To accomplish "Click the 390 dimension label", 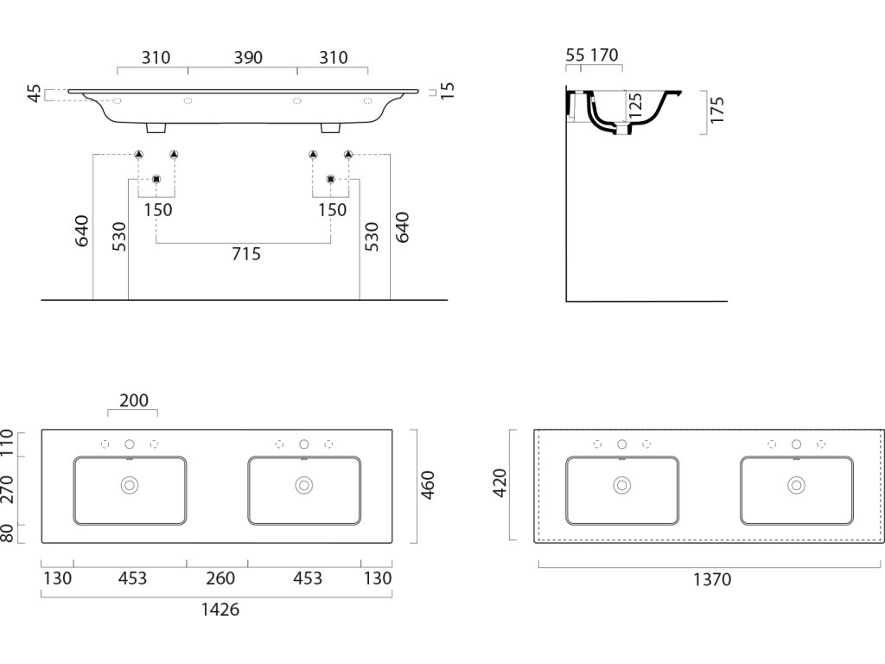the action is click(247, 58).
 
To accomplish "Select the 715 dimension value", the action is click(246, 254).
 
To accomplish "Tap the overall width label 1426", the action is click(220, 610).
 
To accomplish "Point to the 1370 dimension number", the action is click(712, 580).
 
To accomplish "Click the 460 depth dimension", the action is click(427, 485).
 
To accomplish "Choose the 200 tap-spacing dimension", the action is click(134, 400).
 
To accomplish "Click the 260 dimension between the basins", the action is click(218, 578).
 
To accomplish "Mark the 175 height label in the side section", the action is click(717, 111).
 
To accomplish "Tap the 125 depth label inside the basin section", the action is click(636, 106).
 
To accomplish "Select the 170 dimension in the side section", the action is click(604, 55).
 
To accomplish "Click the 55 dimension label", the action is click(575, 55).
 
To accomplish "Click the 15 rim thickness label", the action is click(447, 91).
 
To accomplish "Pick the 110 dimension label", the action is click(8, 443).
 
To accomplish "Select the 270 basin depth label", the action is click(8, 489).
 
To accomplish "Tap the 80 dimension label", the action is click(8, 533).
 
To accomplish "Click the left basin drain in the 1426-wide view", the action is click(130, 486).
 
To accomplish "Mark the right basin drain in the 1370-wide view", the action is click(796, 486).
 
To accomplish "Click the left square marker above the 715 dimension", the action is click(156, 179).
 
